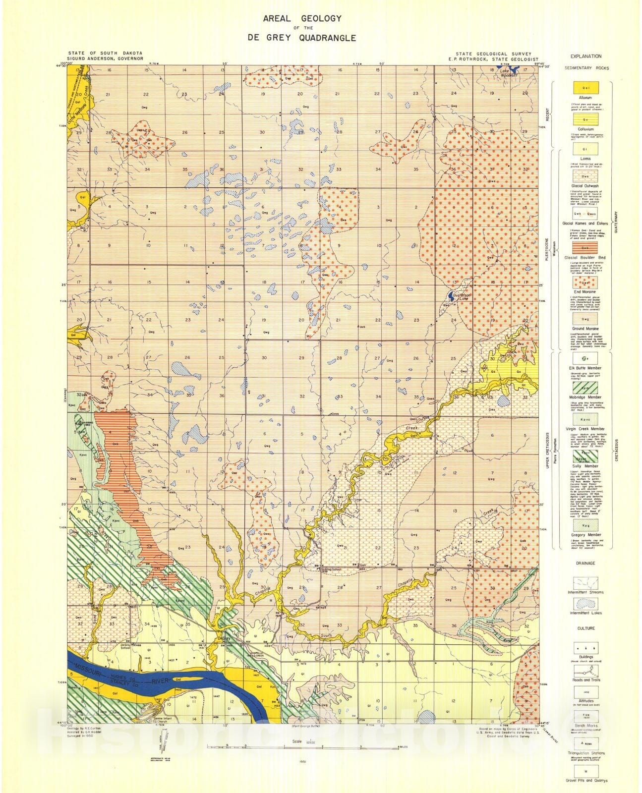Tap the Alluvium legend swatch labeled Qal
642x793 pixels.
585,88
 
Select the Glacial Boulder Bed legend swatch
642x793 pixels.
585,247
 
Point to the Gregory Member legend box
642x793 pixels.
585,524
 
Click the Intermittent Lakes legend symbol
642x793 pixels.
585,603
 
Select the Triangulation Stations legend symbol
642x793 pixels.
585,743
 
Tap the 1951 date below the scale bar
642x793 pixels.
302,760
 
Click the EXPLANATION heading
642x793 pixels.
585,57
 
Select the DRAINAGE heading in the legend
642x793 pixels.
585,564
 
